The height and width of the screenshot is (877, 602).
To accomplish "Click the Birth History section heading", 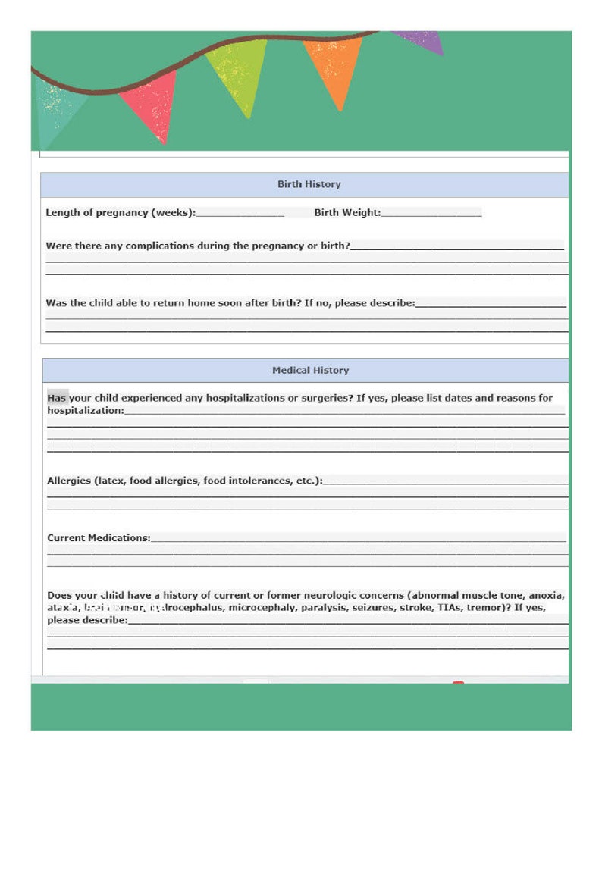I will [x=309, y=184].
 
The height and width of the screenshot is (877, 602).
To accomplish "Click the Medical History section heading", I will [x=310, y=371].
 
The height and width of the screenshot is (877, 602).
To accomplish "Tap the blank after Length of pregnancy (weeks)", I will [x=240, y=213].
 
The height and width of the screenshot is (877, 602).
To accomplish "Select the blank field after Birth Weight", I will [x=431, y=213].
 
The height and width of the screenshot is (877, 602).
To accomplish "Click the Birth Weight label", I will [x=346, y=213].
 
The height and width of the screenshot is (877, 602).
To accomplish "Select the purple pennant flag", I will [x=421, y=40].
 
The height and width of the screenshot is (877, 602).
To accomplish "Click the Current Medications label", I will [x=98, y=538].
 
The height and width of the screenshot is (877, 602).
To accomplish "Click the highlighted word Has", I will [x=57, y=398].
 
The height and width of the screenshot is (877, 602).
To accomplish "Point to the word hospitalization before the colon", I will [x=84, y=410].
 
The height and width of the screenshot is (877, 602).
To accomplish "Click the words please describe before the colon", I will [x=86, y=620].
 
